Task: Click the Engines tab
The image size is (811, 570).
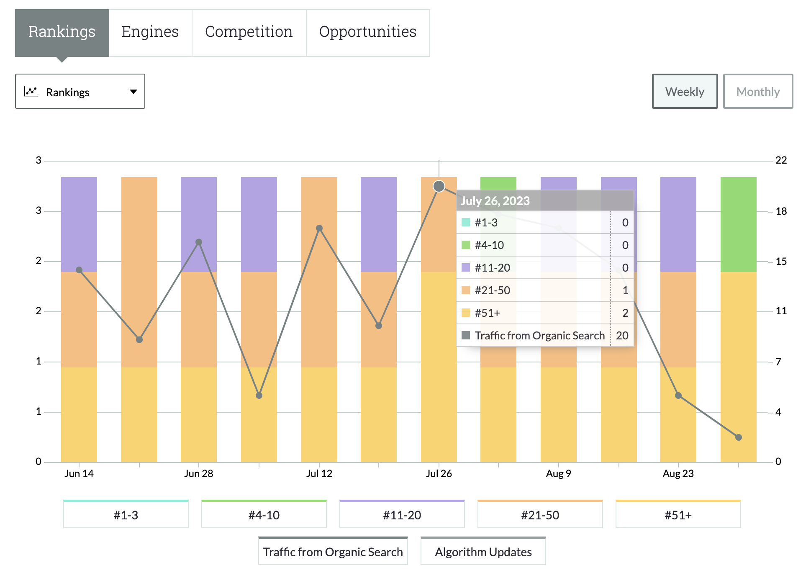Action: click(150, 32)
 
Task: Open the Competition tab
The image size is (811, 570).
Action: click(249, 32)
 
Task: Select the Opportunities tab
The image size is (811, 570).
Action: click(367, 32)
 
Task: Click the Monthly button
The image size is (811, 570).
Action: click(757, 92)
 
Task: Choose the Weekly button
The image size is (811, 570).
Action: click(685, 92)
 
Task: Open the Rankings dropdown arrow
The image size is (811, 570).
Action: click(133, 92)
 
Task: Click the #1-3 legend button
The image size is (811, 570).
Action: click(126, 515)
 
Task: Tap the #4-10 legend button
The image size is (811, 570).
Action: click(264, 515)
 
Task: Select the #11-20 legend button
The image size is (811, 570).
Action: click(402, 515)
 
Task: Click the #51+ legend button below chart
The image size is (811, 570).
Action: click(678, 515)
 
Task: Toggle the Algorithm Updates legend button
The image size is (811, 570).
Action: click(483, 552)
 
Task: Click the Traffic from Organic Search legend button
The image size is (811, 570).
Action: click(333, 552)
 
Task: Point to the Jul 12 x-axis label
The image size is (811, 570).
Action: click(319, 474)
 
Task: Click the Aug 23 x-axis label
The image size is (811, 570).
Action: click(678, 474)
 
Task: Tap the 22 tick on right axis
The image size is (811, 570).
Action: click(781, 160)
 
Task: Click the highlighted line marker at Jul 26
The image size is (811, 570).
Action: click(439, 186)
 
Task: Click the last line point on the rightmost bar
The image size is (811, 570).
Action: click(738, 437)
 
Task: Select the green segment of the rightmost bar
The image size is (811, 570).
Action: click(738, 224)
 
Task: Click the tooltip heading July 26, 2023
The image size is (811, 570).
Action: click(495, 201)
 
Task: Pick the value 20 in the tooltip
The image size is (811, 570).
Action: click(622, 336)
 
